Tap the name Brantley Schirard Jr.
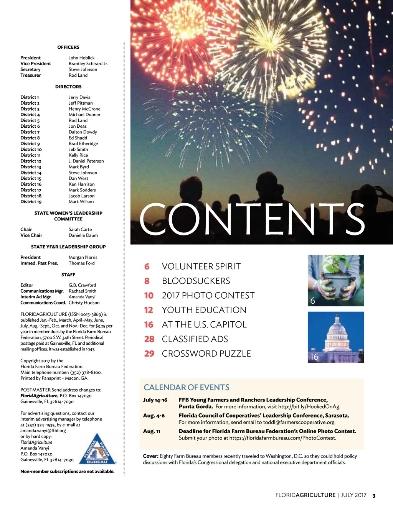click(x=88, y=64)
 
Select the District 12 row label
click(x=31, y=161)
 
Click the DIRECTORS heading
click(x=68, y=87)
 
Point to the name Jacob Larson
click(x=81, y=196)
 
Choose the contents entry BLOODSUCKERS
click(x=196, y=281)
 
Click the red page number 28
click(x=149, y=339)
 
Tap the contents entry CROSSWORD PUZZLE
click(x=206, y=354)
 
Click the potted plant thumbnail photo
click(x=336, y=280)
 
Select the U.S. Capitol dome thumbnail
click(x=336, y=337)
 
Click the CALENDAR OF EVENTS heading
click(x=187, y=388)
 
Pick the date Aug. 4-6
click(x=154, y=416)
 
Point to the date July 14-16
click(x=155, y=400)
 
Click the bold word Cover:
click(x=150, y=456)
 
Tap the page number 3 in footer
click(x=374, y=495)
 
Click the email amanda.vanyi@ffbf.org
click(x=43, y=431)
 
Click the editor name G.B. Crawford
click(x=82, y=285)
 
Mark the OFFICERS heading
click(x=68, y=47)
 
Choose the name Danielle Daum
click(x=83, y=235)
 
